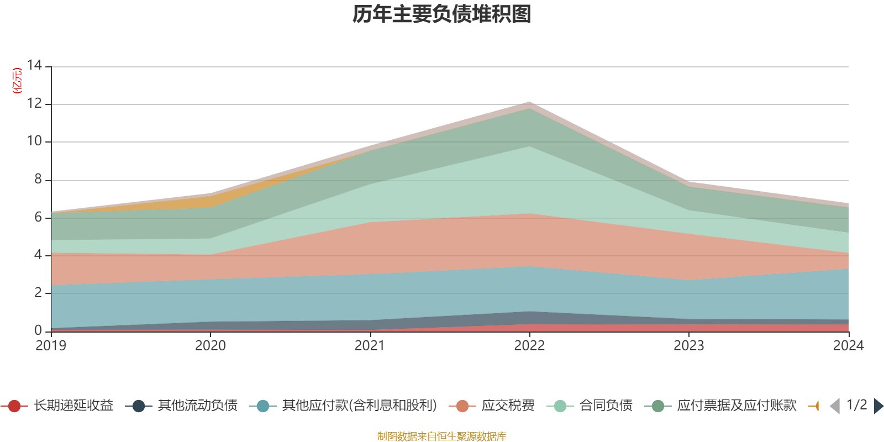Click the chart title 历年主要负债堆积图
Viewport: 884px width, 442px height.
click(x=442, y=15)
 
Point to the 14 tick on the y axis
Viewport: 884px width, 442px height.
click(x=34, y=65)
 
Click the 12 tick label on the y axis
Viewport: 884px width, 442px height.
click(x=34, y=103)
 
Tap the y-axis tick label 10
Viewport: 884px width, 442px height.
click(x=34, y=141)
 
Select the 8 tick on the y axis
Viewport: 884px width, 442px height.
click(x=38, y=179)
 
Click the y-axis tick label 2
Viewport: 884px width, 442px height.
click(x=38, y=293)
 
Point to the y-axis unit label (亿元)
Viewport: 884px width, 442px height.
click(x=17, y=81)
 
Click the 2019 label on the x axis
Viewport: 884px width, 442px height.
click(x=51, y=346)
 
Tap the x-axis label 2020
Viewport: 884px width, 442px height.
click(x=211, y=346)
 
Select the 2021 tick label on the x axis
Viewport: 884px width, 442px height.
click(x=370, y=346)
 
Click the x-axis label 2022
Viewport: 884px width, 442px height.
click(x=529, y=346)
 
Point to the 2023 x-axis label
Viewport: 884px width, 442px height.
click(x=688, y=346)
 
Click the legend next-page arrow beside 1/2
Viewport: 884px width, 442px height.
click(x=878, y=406)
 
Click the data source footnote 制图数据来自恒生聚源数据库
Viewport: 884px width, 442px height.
click(x=442, y=436)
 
